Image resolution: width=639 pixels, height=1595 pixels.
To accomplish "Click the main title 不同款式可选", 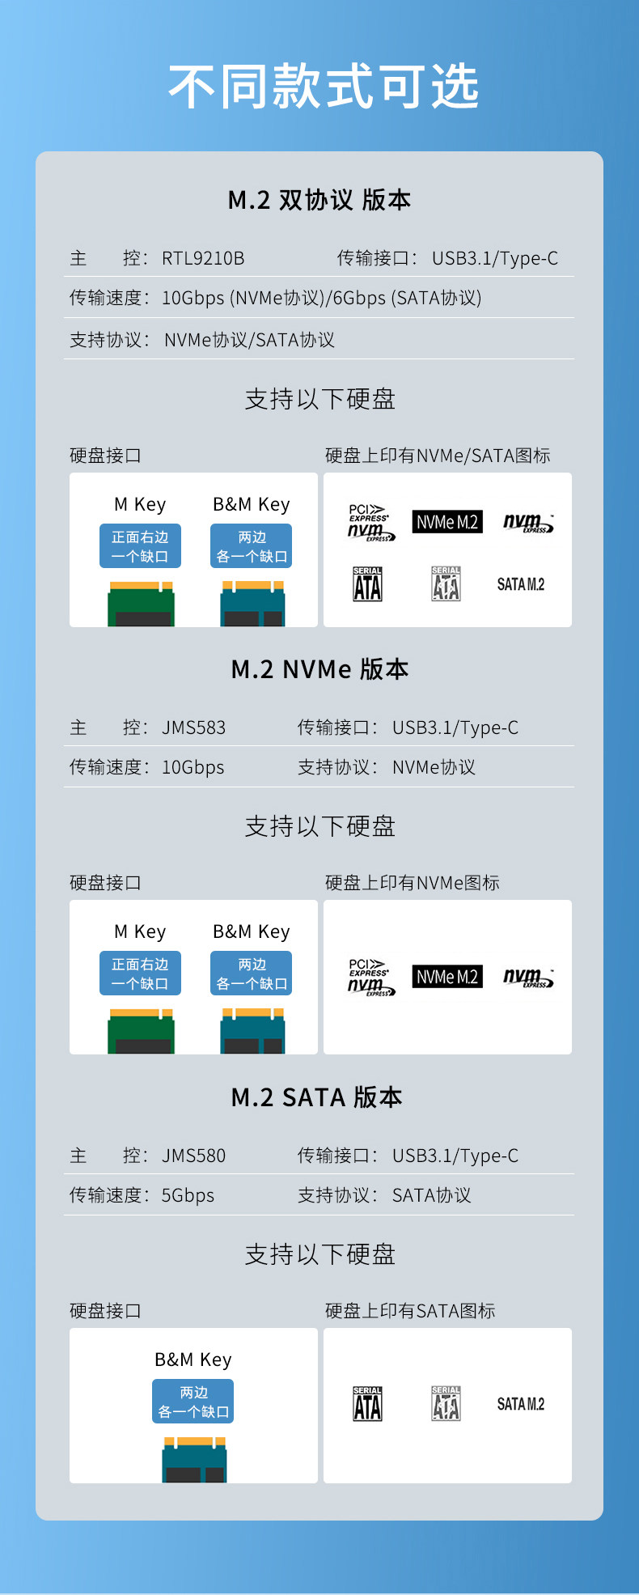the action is click(x=324, y=87).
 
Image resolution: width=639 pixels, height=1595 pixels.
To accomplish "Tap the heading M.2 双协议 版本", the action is click(x=319, y=200).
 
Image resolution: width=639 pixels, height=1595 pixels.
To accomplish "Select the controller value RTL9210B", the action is click(x=203, y=258).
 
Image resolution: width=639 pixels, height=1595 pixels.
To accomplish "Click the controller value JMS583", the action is click(x=193, y=728).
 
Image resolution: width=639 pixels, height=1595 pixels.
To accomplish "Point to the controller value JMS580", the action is click(x=193, y=1156).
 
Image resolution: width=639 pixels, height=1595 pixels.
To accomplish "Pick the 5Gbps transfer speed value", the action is click(x=188, y=1195).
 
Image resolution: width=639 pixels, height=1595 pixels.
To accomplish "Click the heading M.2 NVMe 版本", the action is click(x=319, y=669).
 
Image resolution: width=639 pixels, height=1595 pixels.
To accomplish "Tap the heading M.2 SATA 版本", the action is click(x=316, y=1097).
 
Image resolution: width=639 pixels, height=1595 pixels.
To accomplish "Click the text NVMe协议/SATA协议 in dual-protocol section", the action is click(x=249, y=340).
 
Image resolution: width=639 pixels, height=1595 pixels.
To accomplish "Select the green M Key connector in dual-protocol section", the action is click(x=141, y=604).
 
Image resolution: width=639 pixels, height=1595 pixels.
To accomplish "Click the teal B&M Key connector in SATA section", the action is click(x=194, y=1460).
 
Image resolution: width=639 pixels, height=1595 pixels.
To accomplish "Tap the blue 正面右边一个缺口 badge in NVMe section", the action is click(x=140, y=974).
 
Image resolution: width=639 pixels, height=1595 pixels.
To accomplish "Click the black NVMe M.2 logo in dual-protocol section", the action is click(x=447, y=522).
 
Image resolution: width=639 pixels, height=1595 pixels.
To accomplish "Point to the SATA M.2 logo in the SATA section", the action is click(x=520, y=1404).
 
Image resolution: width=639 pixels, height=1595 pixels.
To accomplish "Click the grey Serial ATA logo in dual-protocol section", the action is click(x=446, y=583).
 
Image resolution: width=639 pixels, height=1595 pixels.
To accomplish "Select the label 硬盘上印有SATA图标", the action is click(x=410, y=1311).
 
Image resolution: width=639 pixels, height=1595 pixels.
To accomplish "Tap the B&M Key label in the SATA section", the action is click(x=193, y=1360).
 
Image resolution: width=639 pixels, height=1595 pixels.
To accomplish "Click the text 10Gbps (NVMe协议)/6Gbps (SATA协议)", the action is click(x=321, y=298).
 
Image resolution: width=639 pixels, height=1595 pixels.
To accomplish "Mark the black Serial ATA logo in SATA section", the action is click(x=367, y=1404).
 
